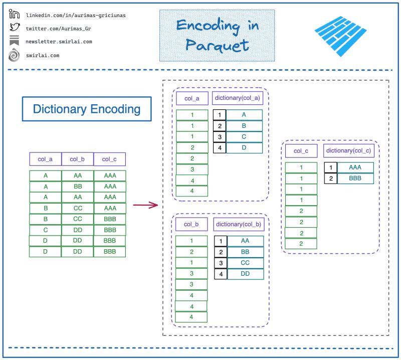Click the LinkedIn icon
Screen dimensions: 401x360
click(x=14, y=14)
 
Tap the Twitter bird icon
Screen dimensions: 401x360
click(x=15, y=27)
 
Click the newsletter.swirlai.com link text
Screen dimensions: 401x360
click(x=59, y=42)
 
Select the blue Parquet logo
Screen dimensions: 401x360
click(x=340, y=36)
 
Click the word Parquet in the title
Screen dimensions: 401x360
click(x=217, y=46)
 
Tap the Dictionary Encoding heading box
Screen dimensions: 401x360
click(x=87, y=109)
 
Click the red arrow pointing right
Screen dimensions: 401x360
click(x=145, y=205)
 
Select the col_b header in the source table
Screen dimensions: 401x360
click(x=77, y=159)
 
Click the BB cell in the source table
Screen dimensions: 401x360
click(x=78, y=187)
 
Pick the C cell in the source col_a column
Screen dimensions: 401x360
click(x=46, y=230)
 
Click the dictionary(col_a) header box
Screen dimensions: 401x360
click(x=237, y=98)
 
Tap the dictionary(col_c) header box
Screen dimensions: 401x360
click(x=348, y=151)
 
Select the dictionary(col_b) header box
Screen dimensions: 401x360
click(x=239, y=225)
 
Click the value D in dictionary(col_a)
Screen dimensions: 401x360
click(x=244, y=147)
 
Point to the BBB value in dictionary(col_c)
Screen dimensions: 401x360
click(x=355, y=178)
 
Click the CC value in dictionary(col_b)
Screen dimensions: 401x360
click(x=245, y=263)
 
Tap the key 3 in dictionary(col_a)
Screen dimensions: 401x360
click(x=220, y=137)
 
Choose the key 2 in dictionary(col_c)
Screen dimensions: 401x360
click(x=331, y=178)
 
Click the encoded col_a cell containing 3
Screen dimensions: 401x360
click(x=192, y=169)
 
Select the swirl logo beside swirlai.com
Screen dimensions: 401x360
click(x=14, y=55)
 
